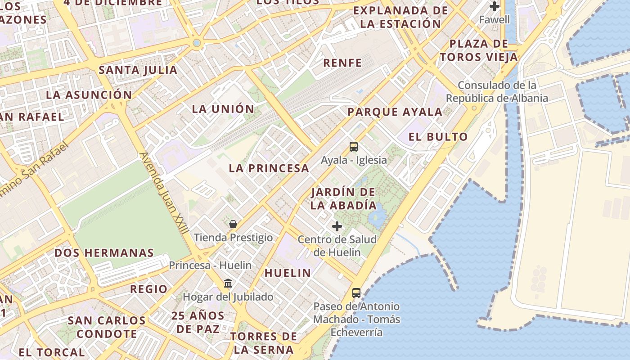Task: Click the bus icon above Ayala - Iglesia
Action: tap(354, 146)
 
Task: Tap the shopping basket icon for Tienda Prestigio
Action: tap(233, 224)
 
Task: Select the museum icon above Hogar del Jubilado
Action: tap(228, 283)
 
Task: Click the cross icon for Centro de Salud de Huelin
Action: tap(337, 226)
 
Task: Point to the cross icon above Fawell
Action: tap(495, 6)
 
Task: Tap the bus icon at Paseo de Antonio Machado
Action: tap(356, 293)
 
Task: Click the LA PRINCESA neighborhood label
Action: tap(269, 168)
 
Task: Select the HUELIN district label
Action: tap(288, 273)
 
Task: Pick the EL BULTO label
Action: tap(438, 137)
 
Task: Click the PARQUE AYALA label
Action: tap(395, 112)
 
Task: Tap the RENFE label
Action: tap(342, 63)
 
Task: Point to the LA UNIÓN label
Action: tap(223, 109)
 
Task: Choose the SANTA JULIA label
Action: tap(138, 70)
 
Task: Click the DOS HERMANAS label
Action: tap(104, 253)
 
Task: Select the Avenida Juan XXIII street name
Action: tap(165, 193)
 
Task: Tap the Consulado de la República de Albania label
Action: tap(497, 92)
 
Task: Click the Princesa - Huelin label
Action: tap(210, 265)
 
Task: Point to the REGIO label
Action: tap(148, 289)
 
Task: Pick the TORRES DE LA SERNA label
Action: tap(264, 342)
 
